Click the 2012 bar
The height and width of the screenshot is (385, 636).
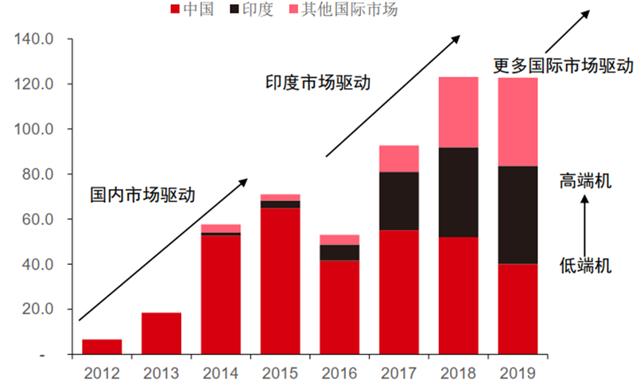coord(102,347)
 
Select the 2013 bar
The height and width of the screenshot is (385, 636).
coord(161,333)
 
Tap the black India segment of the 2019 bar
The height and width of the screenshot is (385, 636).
coord(518,215)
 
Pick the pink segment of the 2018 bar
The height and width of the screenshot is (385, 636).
coord(459,112)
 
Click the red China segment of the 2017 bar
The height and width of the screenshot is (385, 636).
coord(399,292)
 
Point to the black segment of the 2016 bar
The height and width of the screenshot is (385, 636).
coord(339,253)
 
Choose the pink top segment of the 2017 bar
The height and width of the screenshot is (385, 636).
coord(399,158)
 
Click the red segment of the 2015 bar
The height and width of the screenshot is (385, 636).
coord(281,281)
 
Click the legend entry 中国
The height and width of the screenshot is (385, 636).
coord(192,9)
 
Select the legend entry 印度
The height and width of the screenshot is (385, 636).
coord(251,9)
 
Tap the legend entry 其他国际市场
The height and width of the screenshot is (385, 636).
coord(343,9)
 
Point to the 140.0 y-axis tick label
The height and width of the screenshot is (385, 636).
coord(33,39)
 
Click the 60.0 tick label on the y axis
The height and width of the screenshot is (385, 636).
coord(37,219)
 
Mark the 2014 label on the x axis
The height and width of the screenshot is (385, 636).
coord(221,373)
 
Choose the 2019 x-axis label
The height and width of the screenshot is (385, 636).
coord(518,373)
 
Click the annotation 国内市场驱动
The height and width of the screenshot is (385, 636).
coord(142,195)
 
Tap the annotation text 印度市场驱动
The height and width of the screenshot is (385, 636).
coord(318,83)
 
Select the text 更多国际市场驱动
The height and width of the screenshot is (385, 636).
coord(564,65)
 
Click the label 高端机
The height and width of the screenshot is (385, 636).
coord(585,181)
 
